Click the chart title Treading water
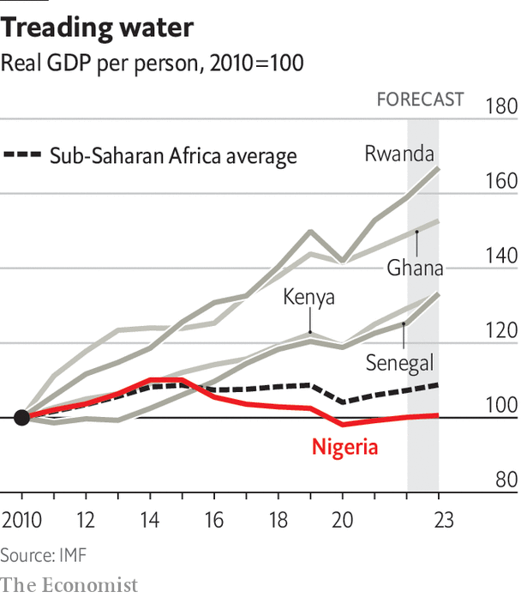pos(97,27)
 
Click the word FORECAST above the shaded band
pos(421,100)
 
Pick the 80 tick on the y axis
pos(502,480)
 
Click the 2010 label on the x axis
pos(23,521)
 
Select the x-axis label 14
pos(150,521)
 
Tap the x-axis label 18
pos(278,521)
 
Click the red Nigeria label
pos(344,447)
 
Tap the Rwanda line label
pos(399,154)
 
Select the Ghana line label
pos(416,268)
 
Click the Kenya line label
pos(308,298)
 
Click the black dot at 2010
pos(23,418)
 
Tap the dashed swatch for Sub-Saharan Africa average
pos(22,155)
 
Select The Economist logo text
pos(69,585)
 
